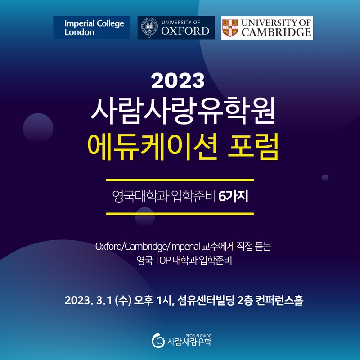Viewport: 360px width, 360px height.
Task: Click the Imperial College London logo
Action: pos(92,27)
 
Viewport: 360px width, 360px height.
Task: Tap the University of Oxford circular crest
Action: pos(149,28)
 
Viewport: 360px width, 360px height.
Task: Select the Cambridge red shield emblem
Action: pos(230,28)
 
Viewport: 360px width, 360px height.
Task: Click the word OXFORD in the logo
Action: pos(185,31)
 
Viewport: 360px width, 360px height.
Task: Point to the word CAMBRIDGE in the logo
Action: pos(276,32)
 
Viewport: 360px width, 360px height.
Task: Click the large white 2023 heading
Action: pos(178,81)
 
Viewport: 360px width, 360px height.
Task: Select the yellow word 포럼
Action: pos(253,147)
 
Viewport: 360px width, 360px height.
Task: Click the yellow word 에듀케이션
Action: pos(153,147)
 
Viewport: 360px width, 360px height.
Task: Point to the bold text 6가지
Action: pos(233,197)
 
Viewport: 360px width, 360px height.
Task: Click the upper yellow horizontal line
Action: pos(180,180)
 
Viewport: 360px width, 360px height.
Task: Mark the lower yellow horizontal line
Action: pos(180,214)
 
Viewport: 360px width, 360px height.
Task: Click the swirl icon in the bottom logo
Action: pos(158,341)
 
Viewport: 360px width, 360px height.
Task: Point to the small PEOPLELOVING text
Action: pos(198,336)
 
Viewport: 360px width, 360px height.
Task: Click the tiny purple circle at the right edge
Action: pos(325,178)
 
